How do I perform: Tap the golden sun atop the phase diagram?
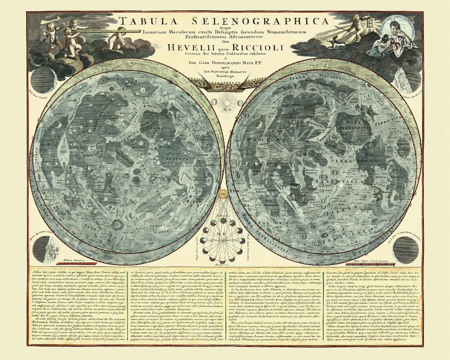coord(222,195)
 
